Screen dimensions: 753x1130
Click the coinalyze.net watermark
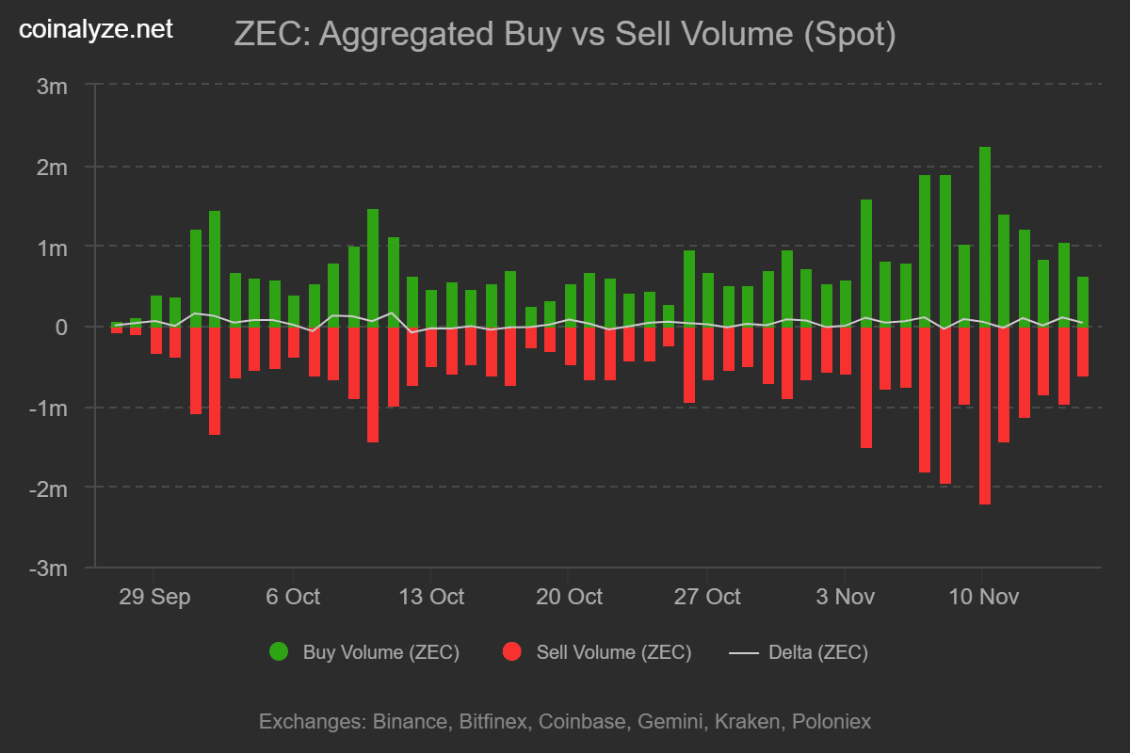coord(96,30)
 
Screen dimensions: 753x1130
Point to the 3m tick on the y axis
coord(53,87)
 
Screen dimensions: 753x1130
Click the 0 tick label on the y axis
coord(61,328)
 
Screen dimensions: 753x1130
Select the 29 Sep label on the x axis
coord(155,597)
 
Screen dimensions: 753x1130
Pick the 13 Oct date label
coord(430,597)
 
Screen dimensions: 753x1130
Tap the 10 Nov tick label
coord(982,597)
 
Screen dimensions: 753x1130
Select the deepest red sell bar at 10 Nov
coord(985,415)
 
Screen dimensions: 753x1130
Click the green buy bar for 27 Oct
coord(708,301)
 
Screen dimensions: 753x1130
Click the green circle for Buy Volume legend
coord(279,652)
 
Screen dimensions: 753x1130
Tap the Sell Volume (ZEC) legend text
coord(613,652)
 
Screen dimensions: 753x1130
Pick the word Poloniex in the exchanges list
coord(831,722)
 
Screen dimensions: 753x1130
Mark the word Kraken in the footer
coord(747,722)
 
